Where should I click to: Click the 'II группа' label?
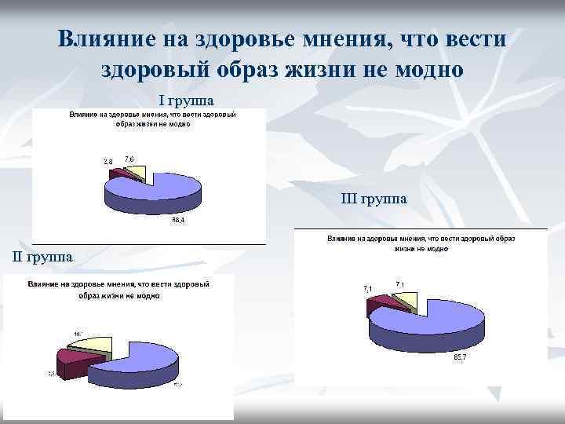point(44,256)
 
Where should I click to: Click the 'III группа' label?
point(374,199)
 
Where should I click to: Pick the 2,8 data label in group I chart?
point(108,162)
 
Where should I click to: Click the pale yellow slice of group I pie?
point(135,173)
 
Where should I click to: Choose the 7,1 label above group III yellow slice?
point(400,283)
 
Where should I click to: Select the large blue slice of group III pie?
point(432,322)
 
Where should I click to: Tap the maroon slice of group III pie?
point(379,305)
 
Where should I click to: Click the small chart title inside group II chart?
point(118,289)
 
